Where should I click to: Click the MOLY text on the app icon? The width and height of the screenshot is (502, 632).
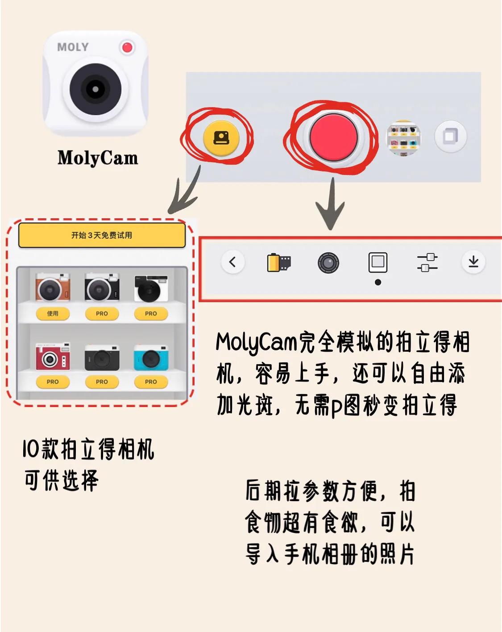(73, 47)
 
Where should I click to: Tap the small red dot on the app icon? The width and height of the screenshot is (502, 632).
(127, 47)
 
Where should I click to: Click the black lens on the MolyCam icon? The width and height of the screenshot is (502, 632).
(95, 89)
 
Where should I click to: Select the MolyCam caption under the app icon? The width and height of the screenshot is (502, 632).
(98, 158)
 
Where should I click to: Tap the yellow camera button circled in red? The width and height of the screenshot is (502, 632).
(221, 138)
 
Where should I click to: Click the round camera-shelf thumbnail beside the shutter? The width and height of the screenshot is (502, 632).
(403, 138)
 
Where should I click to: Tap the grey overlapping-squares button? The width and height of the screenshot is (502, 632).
(450, 136)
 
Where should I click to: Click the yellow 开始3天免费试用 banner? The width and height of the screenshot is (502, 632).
(102, 235)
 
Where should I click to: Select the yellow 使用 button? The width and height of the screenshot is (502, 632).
(53, 313)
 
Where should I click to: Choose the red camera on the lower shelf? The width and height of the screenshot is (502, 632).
(53, 357)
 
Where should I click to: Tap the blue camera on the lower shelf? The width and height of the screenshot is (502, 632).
(151, 358)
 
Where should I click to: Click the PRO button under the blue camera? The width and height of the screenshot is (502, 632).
(151, 382)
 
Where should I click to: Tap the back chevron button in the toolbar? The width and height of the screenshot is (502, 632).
(232, 262)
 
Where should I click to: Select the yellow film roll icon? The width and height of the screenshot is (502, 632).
(279, 262)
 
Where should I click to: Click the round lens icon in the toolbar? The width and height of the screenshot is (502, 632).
(328, 263)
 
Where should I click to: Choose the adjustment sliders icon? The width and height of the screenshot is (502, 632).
(427, 262)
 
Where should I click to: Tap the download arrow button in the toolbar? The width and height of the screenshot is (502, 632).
(473, 262)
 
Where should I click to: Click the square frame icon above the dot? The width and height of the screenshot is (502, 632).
(378, 262)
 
